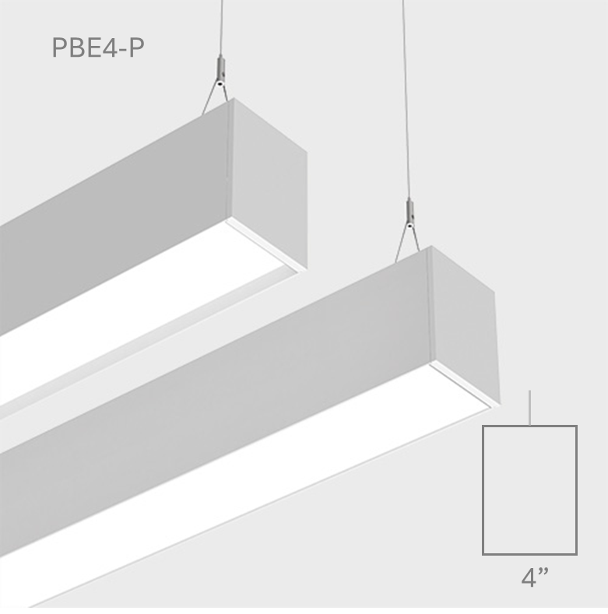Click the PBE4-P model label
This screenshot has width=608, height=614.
(98, 47)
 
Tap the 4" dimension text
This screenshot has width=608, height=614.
(535, 577)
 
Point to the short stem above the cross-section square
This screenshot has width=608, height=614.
(529, 408)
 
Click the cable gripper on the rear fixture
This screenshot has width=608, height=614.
(221, 71)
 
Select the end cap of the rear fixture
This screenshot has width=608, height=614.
(270, 184)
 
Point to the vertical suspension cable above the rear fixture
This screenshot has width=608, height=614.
(222, 28)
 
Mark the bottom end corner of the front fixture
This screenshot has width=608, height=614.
(501, 403)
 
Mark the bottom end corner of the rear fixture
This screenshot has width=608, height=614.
(308, 270)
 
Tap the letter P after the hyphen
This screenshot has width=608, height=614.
(138, 47)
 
